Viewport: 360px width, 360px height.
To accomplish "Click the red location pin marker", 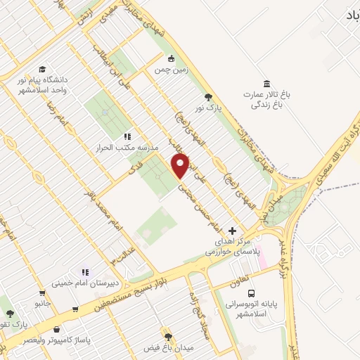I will (x=181, y=166).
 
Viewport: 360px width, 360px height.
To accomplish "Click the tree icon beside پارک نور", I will (x=207, y=97).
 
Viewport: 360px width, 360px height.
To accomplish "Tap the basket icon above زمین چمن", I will (x=171, y=59).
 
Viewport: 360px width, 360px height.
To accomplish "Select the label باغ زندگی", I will (x=267, y=106).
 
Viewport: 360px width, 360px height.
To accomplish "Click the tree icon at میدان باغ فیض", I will (x=167, y=335).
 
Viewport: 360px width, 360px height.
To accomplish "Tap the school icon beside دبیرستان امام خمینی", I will (x=85, y=272).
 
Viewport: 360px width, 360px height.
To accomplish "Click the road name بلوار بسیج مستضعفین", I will (x=115, y=297).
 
